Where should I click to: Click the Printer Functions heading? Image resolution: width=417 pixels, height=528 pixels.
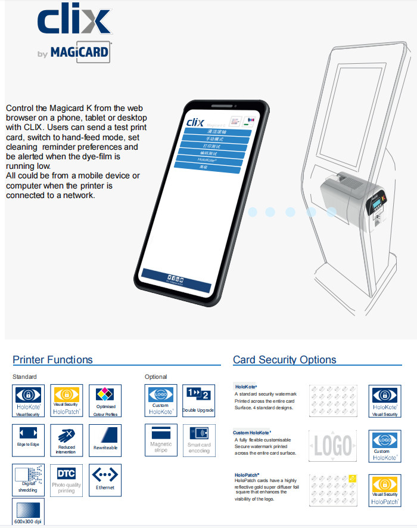click(53, 360)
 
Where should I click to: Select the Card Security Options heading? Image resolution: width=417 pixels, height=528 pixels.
click(284, 360)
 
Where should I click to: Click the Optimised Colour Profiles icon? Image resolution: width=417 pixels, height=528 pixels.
click(105, 400)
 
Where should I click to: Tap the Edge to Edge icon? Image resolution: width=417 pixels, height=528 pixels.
click(28, 439)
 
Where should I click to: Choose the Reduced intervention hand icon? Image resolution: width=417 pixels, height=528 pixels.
click(67, 439)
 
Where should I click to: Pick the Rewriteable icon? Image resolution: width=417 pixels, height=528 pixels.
click(105, 439)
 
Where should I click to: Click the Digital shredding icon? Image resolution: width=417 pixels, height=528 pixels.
click(28, 478)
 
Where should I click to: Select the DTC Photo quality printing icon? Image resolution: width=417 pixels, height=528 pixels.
click(67, 478)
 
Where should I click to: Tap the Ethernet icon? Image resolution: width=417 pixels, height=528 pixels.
click(105, 478)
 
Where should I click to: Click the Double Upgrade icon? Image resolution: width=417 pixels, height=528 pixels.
click(198, 400)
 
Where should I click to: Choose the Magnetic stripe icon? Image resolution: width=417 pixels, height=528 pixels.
click(161, 439)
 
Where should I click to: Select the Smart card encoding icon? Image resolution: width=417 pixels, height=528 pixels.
click(198, 439)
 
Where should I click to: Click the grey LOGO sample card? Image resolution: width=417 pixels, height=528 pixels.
click(333, 444)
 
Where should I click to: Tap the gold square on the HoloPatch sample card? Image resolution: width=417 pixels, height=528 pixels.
click(352, 478)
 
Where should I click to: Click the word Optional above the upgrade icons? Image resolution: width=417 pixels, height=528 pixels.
click(156, 377)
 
